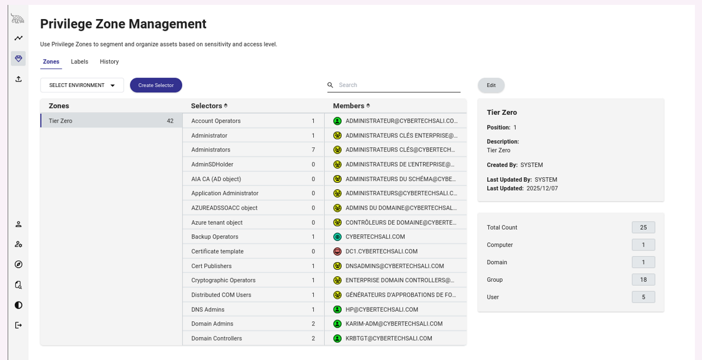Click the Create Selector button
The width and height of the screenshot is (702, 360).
click(x=156, y=85)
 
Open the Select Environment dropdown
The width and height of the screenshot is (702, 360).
click(x=82, y=85)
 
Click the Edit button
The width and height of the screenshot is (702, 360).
click(x=491, y=85)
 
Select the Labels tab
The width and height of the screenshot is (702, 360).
click(x=79, y=61)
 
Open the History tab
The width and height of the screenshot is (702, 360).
click(x=109, y=61)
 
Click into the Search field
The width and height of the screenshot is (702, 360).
click(x=398, y=85)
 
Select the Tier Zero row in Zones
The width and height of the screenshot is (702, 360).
click(x=111, y=121)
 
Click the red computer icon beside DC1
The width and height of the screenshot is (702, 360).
click(x=337, y=252)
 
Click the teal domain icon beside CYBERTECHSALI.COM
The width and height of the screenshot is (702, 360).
click(x=337, y=237)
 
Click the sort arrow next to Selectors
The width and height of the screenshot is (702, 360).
click(x=226, y=106)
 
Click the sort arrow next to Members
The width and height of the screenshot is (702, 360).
click(x=368, y=106)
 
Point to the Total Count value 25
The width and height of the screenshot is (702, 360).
click(x=643, y=228)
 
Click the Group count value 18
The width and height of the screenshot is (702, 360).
click(x=643, y=280)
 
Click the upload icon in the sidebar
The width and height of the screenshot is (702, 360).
click(x=19, y=79)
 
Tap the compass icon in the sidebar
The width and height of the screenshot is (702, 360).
click(x=19, y=264)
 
